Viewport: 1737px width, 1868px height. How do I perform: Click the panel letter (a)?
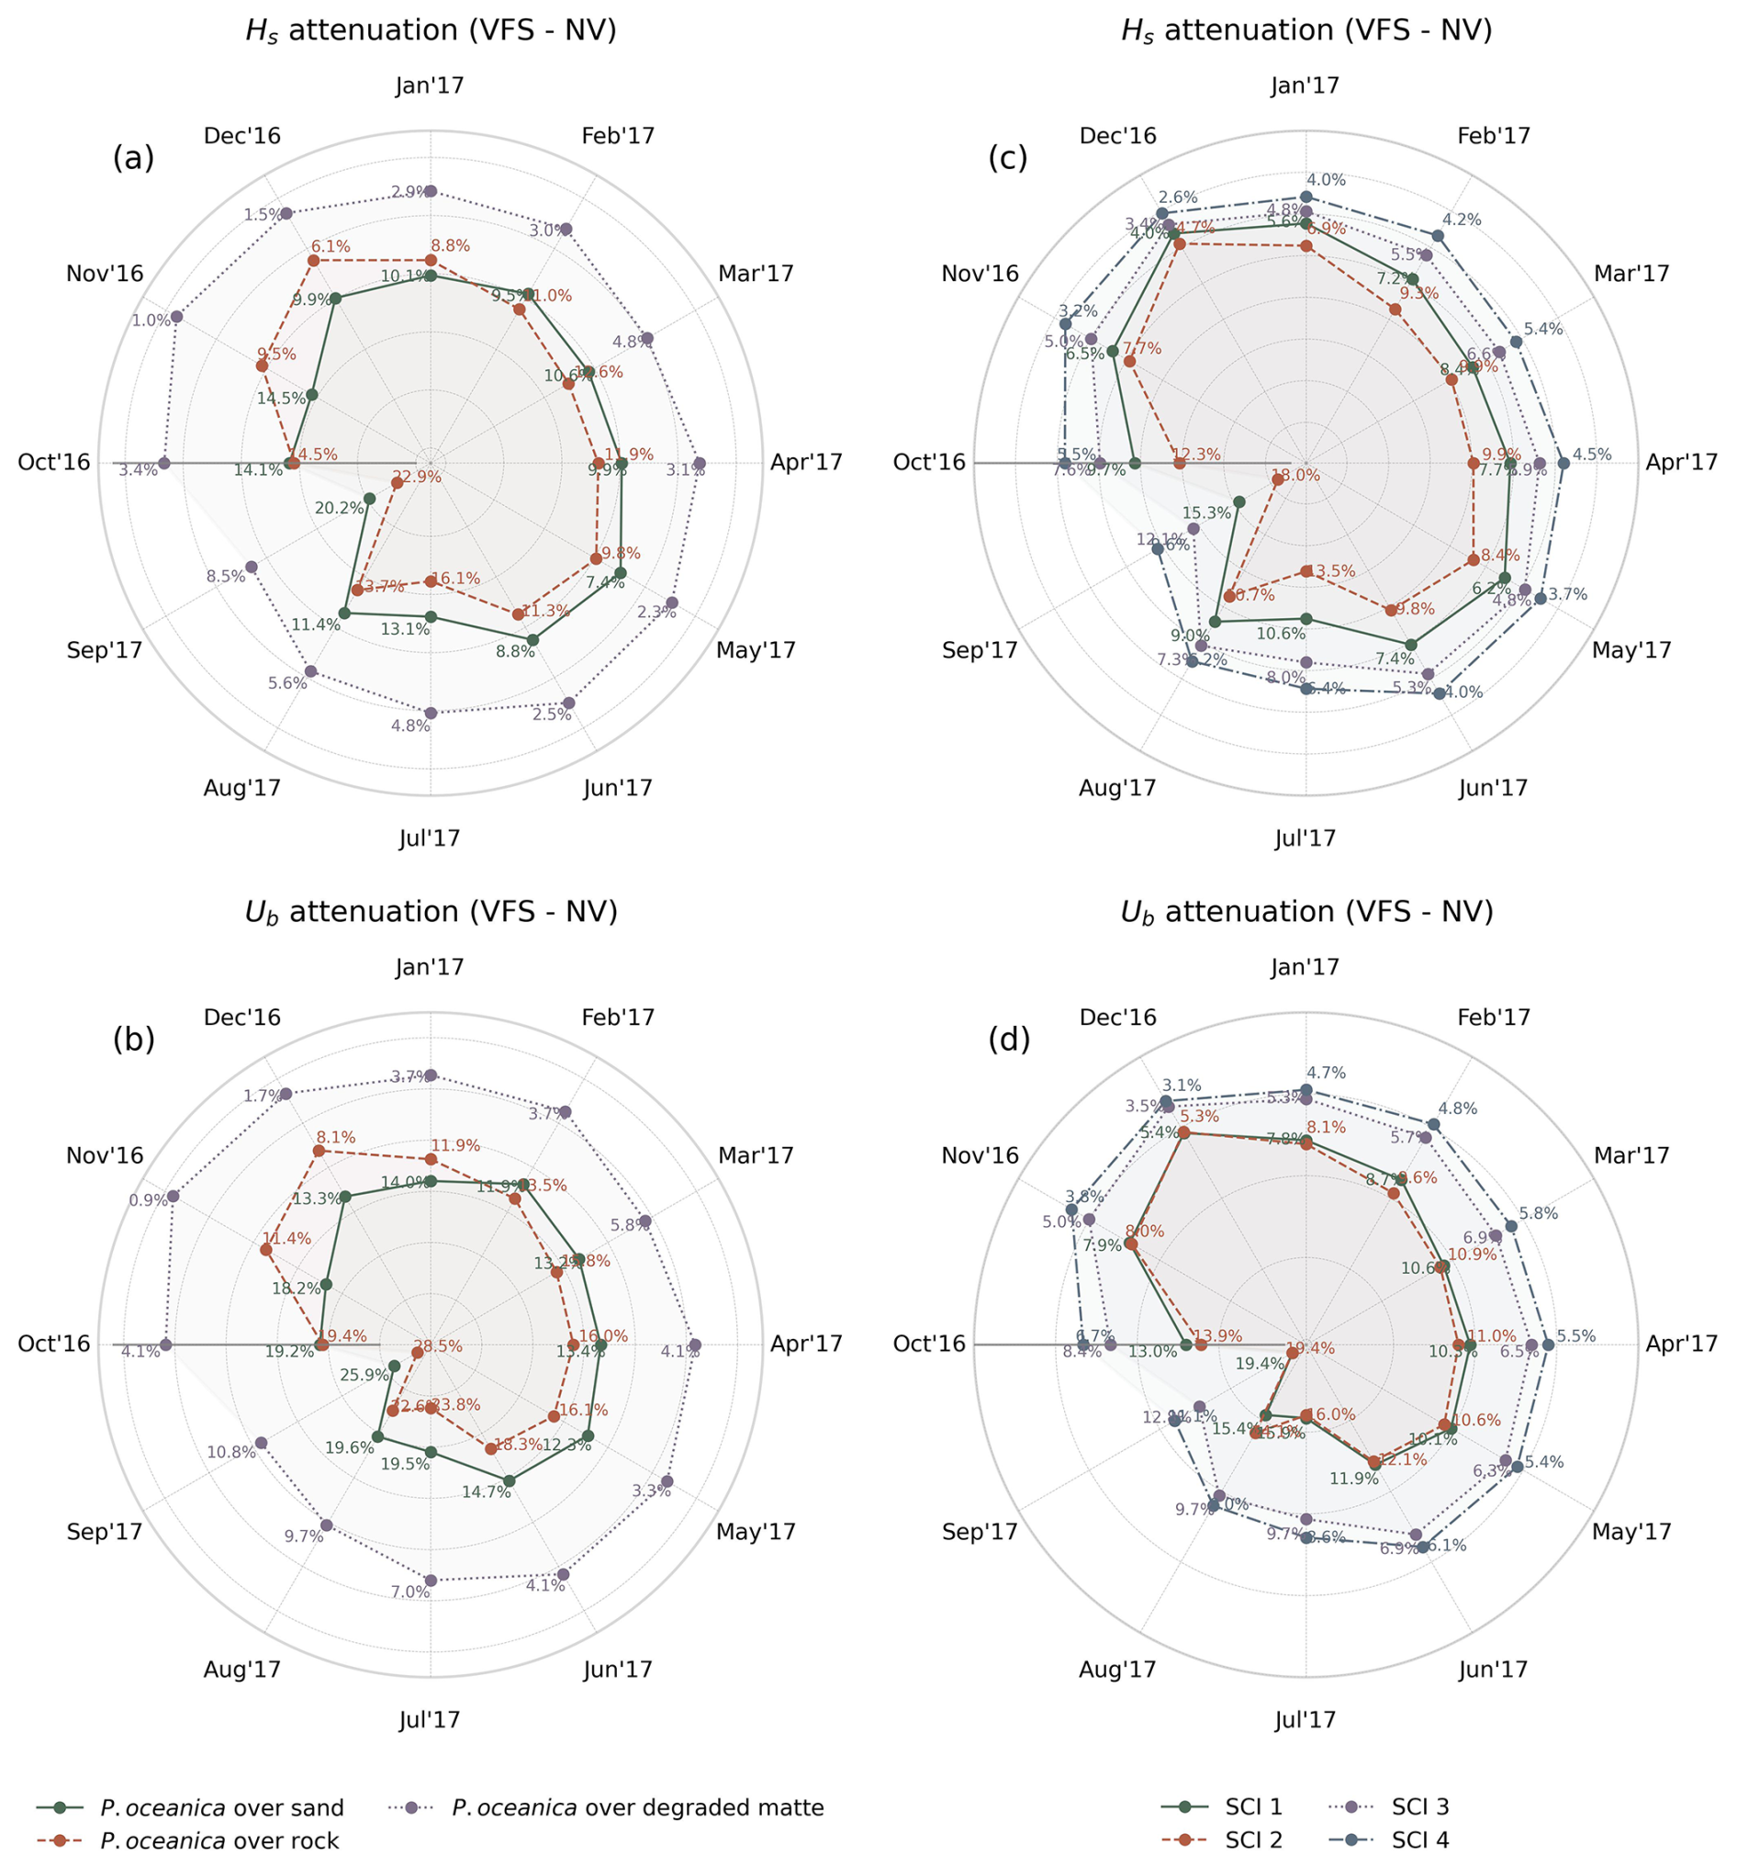132,158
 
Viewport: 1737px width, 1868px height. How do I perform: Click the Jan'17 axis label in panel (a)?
430,85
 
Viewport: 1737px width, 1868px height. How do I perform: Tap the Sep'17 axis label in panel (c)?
980,649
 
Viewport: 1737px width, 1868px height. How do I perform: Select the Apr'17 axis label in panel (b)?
806,1344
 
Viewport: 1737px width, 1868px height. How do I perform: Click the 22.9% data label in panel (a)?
416,477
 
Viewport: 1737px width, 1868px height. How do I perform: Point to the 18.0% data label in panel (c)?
1295,476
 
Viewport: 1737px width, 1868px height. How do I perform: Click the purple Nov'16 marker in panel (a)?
176,317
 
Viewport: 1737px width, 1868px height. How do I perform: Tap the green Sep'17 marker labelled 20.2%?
369,498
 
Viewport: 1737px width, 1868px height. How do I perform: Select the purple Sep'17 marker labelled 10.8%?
261,1443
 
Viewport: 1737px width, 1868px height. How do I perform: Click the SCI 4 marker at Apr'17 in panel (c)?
1563,462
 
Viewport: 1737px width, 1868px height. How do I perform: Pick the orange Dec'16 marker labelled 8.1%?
319,1150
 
